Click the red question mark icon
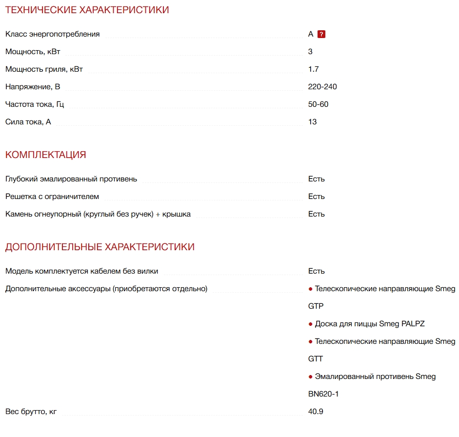tap(321, 34)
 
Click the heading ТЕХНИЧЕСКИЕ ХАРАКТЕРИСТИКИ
tap(87, 10)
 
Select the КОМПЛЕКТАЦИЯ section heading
tap(45, 155)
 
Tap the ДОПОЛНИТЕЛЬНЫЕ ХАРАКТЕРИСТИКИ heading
tap(100, 247)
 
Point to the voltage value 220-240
tap(322, 87)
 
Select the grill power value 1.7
tap(313, 69)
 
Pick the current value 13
tap(312, 122)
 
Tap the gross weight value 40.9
tap(316, 412)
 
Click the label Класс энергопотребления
tap(52, 34)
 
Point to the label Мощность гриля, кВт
tap(44, 69)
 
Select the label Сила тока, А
tap(28, 122)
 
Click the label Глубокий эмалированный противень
tap(71, 179)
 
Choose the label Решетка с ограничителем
tap(52, 197)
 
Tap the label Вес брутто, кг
tap(31, 412)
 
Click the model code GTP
tap(316, 306)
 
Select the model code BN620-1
tap(323, 394)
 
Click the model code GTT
tap(316, 359)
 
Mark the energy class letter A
tap(311, 34)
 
